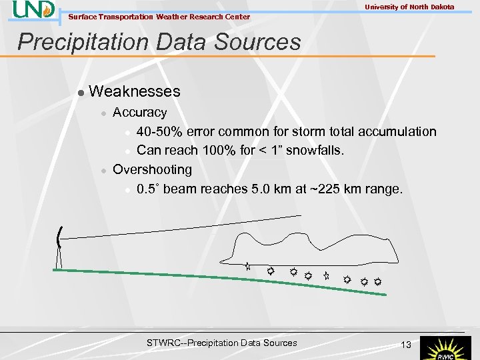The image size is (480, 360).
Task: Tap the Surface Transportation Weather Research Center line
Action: tap(159, 17)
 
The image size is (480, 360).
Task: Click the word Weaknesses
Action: tap(134, 91)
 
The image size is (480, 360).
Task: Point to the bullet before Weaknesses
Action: tap(80, 92)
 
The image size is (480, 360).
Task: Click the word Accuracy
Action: tap(139, 113)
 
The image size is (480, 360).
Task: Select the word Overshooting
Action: tap(152, 169)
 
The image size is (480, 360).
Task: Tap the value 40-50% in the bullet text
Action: tap(161, 132)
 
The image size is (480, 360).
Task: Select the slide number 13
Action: tap(405, 344)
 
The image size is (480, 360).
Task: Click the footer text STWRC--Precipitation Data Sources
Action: tap(221, 343)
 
